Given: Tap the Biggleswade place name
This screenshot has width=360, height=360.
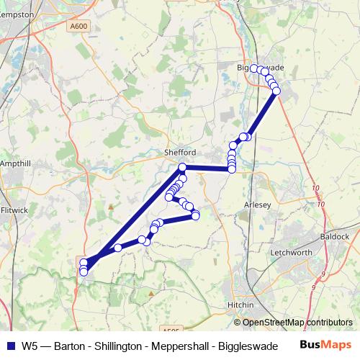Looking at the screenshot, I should click(261, 67).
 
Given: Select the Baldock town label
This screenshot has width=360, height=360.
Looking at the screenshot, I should click(336, 236).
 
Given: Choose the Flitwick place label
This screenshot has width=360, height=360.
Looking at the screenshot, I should click(14, 211).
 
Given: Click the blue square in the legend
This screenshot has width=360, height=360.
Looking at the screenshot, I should click(10, 346).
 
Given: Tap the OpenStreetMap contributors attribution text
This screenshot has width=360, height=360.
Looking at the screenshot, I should click(297, 323).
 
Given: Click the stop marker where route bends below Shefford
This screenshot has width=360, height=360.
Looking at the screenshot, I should click(182, 168).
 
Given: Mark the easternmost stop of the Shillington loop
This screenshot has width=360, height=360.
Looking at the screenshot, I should click(195, 215).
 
